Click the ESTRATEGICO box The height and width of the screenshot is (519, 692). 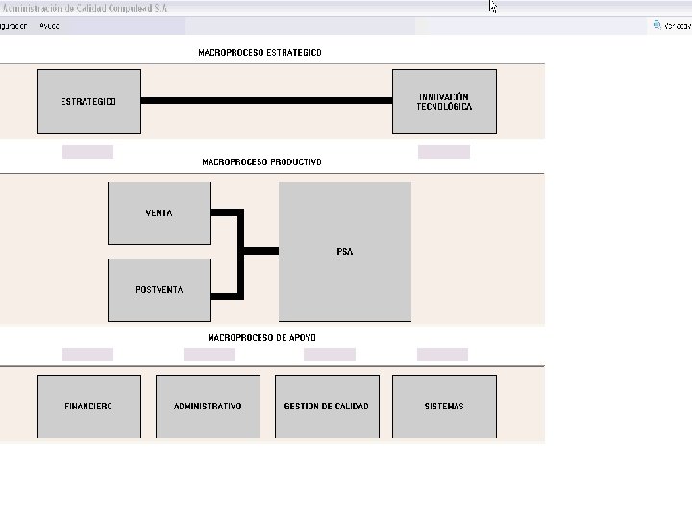88,101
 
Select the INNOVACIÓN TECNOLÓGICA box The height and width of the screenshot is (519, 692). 444,101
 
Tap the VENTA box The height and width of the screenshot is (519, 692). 159,212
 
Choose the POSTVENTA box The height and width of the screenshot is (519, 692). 159,289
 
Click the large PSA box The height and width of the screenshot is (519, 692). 344,251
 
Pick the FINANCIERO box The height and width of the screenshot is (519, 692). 88,406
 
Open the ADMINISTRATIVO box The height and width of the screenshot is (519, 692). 208,406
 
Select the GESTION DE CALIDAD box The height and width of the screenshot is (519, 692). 326,406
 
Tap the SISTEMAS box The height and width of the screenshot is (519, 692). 444,406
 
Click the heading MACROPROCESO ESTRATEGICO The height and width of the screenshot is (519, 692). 259,52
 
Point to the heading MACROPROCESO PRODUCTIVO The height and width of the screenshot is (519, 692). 261,162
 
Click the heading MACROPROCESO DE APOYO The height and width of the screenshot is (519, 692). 261,337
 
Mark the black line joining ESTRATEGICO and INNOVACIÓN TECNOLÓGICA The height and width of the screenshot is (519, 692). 266,100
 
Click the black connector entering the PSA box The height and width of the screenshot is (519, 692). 260,251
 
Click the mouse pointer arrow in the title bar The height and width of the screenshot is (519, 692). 492,7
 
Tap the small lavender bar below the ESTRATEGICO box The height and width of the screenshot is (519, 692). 87,152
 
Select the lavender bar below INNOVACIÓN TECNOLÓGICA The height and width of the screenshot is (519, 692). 444,152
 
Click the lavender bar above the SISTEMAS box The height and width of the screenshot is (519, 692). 442,355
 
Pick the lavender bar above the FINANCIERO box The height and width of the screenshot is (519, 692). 87,355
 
